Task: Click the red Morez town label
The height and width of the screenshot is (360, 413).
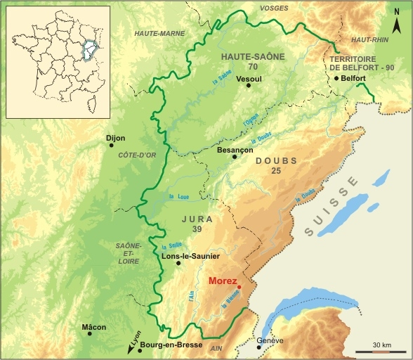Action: pyautogui.click(x=224, y=281)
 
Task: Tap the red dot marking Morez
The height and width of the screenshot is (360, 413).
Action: pyautogui.click(x=240, y=287)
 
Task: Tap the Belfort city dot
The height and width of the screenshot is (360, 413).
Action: pyautogui.click(x=337, y=78)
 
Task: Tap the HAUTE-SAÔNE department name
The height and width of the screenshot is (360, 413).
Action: pyautogui.click(x=249, y=56)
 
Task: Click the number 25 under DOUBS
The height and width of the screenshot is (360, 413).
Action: pyautogui.click(x=276, y=171)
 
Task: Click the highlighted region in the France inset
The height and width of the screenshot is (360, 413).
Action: pyautogui.click(x=88, y=50)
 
